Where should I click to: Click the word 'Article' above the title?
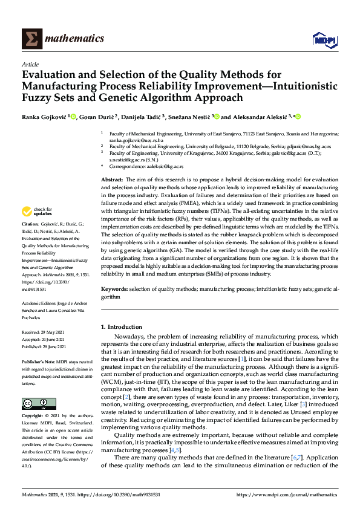[x=30, y=64]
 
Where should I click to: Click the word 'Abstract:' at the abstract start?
[x=111, y=180]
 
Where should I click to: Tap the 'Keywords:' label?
[x=115, y=290]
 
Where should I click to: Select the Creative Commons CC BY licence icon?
[x=35, y=386]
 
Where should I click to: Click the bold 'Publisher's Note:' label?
[x=39, y=361]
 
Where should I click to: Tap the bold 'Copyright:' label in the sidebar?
[x=32, y=400]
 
